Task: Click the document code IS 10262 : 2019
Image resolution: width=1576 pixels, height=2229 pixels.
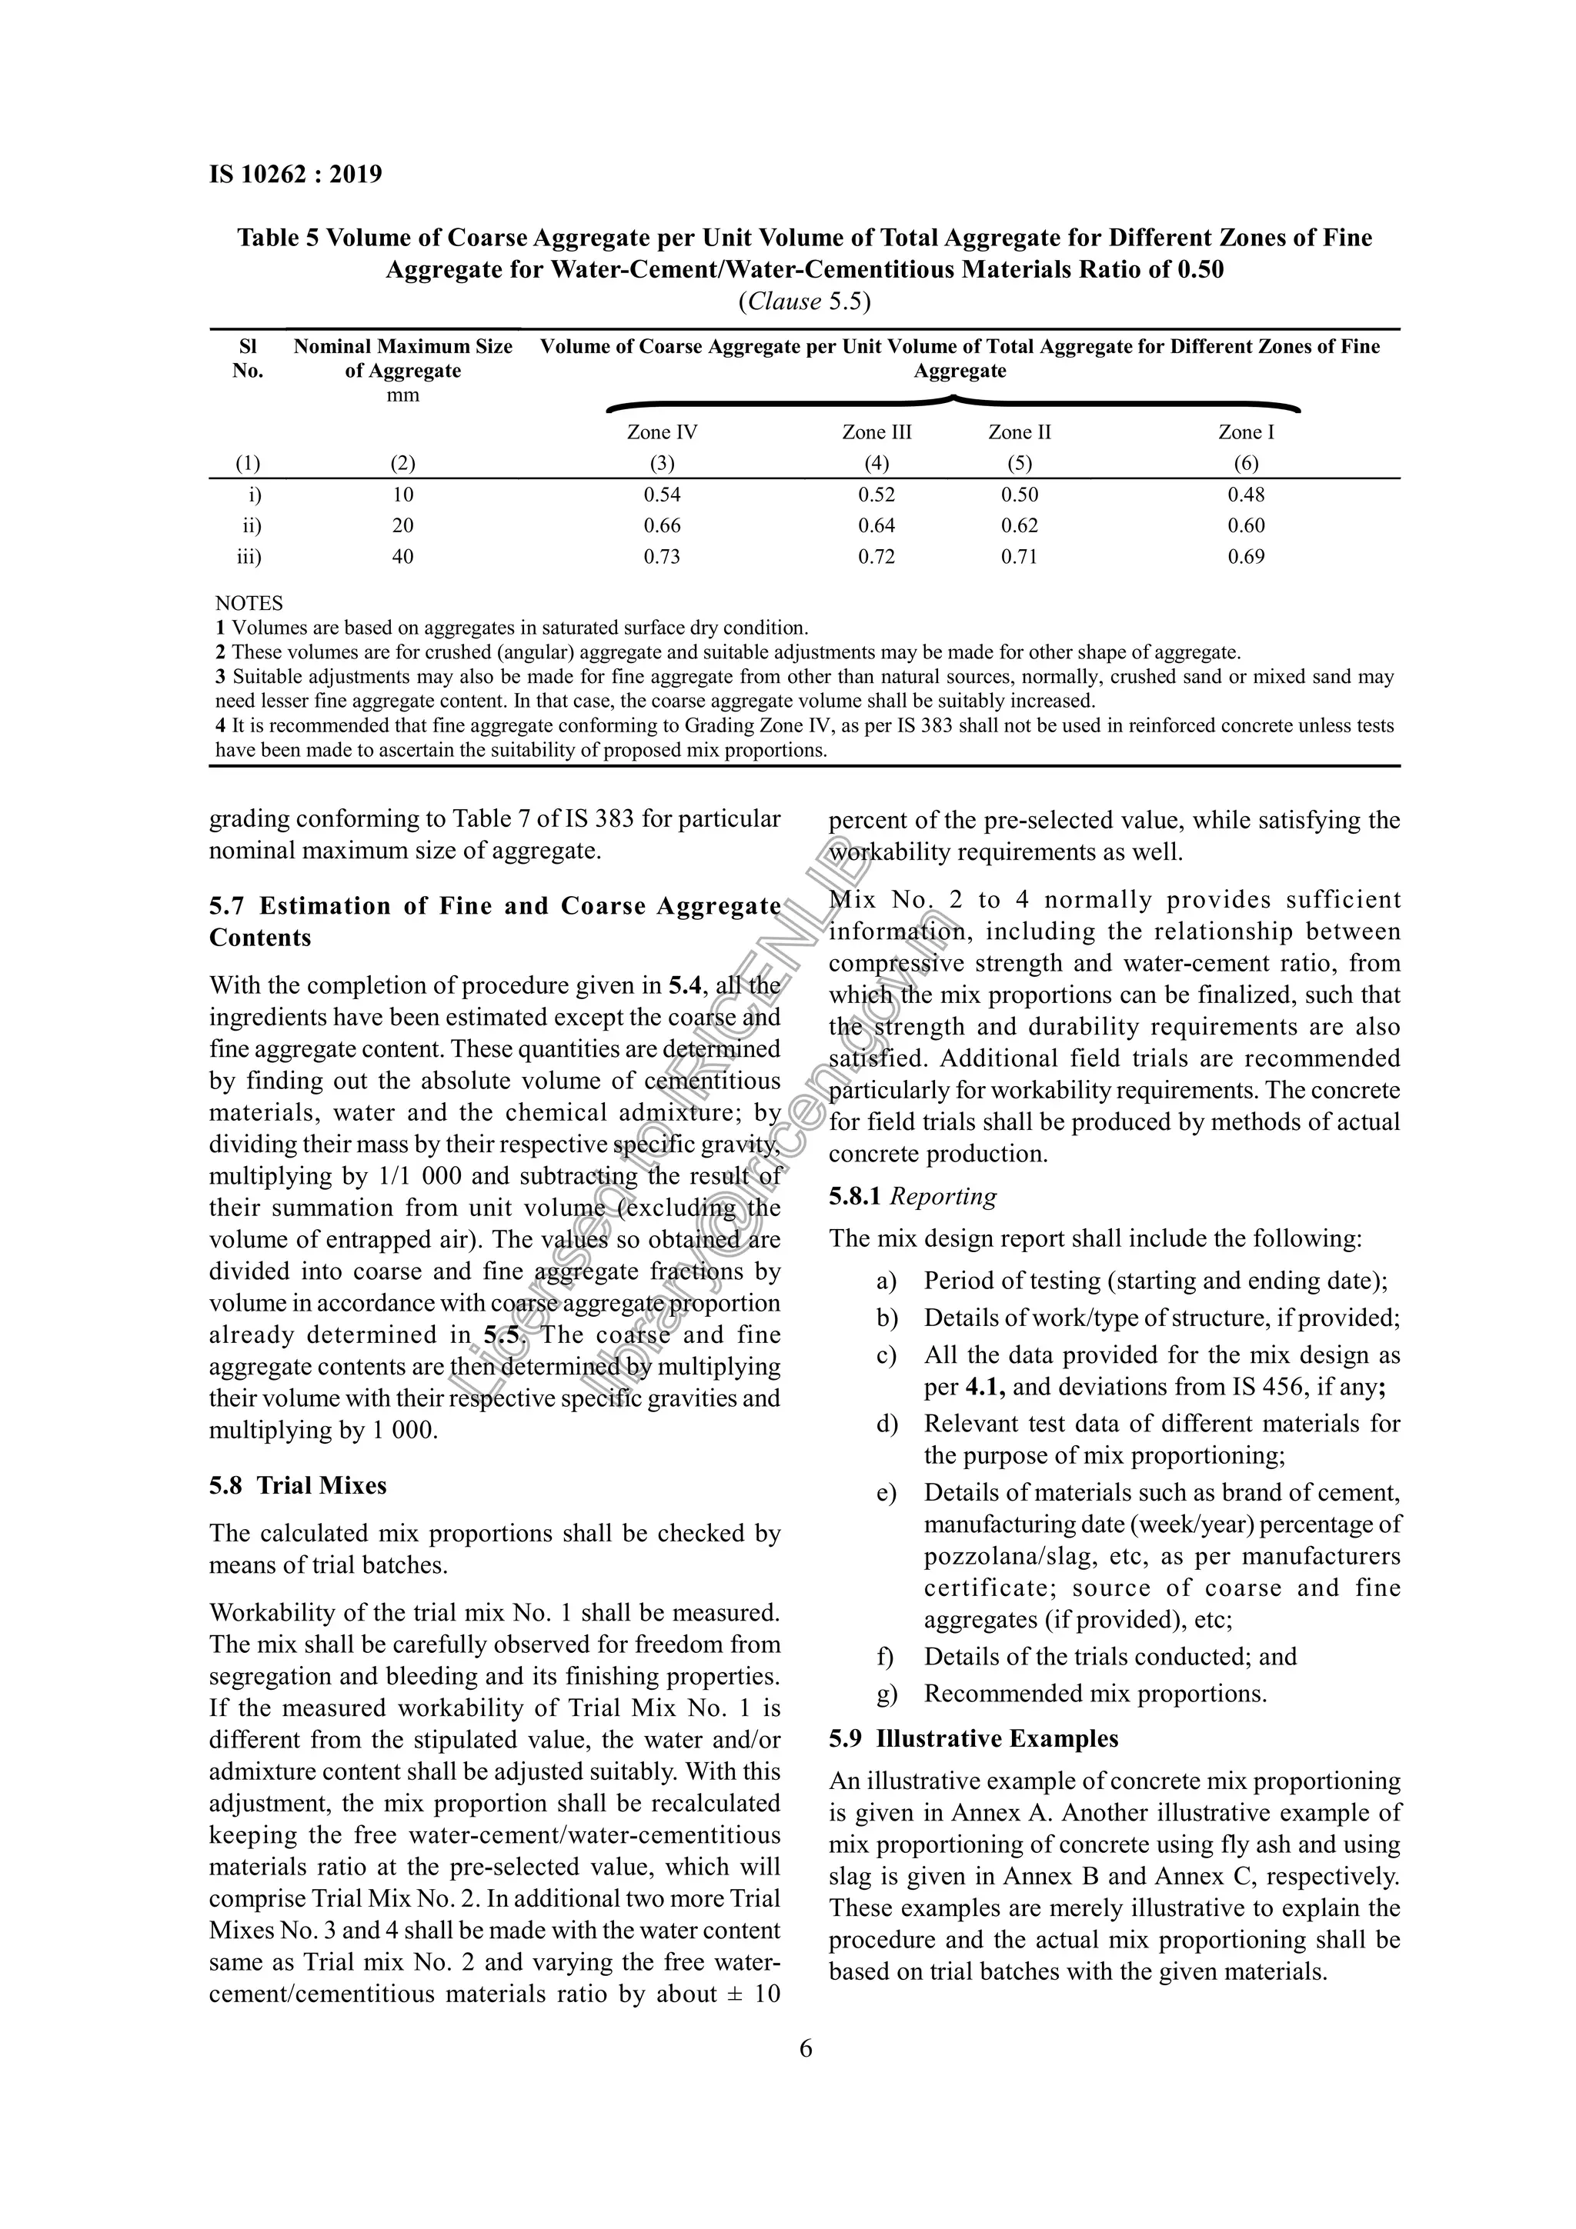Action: pyautogui.click(x=296, y=175)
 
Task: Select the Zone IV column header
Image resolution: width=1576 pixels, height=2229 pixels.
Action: pyautogui.click(x=663, y=433)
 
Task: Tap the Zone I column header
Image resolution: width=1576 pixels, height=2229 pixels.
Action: pyautogui.click(x=1246, y=433)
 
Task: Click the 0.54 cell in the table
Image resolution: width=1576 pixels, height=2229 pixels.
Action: pyautogui.click(x=663, y=495)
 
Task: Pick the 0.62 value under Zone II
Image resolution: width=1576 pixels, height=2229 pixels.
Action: pyautogui.click(x=1020, y=526)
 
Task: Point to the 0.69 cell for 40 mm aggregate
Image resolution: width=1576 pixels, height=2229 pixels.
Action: pyautogui.click(x=1246, y=557)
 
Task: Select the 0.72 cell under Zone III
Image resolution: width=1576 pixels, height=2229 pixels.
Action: pyautogui.click(x=876, y=557)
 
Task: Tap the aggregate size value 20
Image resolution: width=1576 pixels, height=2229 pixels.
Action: pyautogui.click(x=403, y=526)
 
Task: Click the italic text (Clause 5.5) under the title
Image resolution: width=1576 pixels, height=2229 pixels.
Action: pyautogui.click(x=804, y=302)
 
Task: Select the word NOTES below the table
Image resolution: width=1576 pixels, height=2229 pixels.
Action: pyautogui.click(x=249, y=604)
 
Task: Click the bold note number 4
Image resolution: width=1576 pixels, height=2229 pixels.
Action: pyautogui.click(x=220, y=726)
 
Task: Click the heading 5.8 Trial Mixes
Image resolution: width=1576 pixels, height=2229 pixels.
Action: pyautogui.click(x=298, y=1486)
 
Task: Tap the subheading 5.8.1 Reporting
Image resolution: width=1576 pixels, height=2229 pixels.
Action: pyautogui.click(x=913, y=1197)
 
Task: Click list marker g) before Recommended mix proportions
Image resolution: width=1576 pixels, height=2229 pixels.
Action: pyautogui.click(x=886, y=1695)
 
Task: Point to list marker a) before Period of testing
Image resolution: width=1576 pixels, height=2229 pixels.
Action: pyautogui.click(x=886, y=1281)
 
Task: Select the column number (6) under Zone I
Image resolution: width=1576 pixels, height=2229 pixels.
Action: pyautogui.click(x=1246, y=464)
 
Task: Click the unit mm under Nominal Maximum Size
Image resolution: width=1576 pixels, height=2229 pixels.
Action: pyautogui.click(x=403, y=396)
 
